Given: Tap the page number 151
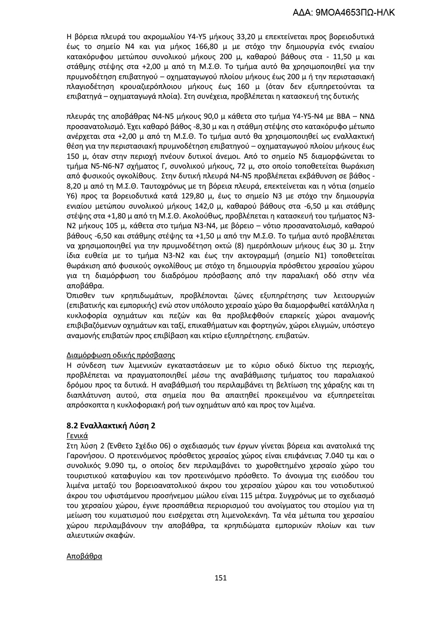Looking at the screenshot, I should [x=220, y=578].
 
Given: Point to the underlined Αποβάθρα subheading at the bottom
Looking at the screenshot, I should [x=84, y=556].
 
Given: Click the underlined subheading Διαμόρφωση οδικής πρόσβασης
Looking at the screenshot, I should [x=120, y=355].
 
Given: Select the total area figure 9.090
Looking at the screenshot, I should [x=107, y=466].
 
